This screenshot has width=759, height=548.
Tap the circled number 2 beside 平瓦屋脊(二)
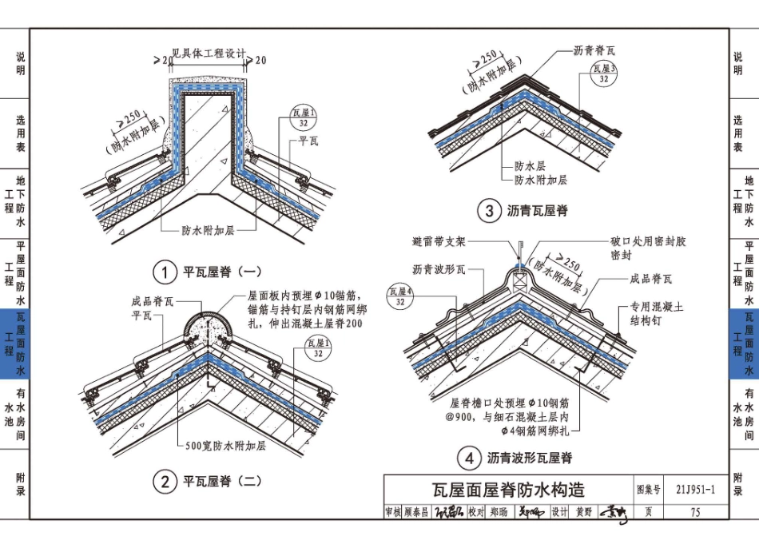pos(165,482)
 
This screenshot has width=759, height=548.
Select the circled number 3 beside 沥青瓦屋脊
pos(487,211)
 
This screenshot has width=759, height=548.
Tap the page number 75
pos(695,513)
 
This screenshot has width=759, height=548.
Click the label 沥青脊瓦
pos(594,50)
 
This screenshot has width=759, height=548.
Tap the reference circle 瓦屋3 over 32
pos(604,74)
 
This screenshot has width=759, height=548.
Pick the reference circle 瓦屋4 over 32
pos(399,297)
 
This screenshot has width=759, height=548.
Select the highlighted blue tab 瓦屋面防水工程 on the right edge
pos(744,343)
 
